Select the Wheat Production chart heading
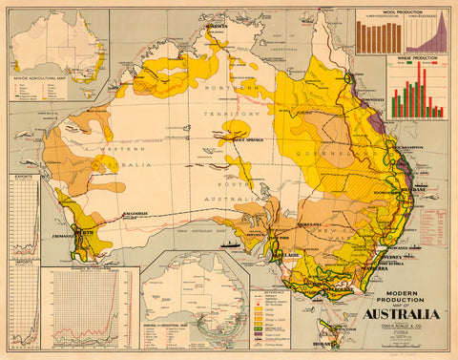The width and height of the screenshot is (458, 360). pyautogui.click(x=416, y=58)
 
